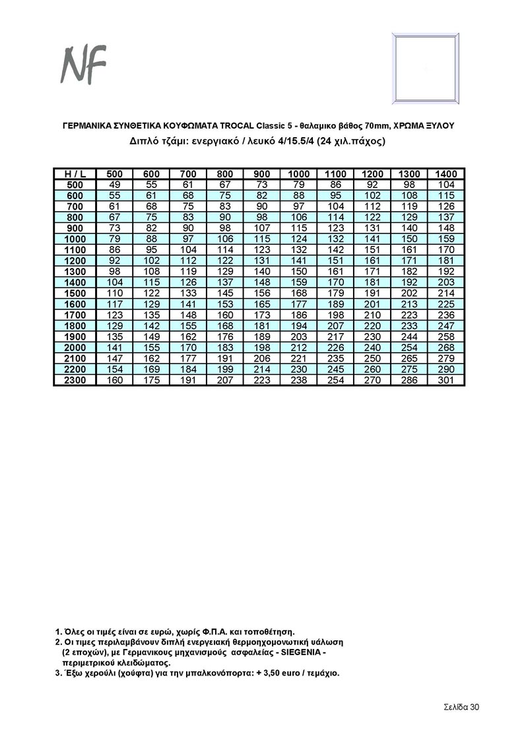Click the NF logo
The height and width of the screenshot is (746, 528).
pyautogui.click(x=83, y=65)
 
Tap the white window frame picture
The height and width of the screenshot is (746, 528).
pyautogui.click(x=426, y=68)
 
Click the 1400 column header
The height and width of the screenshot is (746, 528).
pyautogui.click(x=447, y=173)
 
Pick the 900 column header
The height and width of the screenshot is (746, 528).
pyautogui.click(x=262, y=173)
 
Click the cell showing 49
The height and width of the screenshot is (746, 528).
pyautogui.click(x=115, y=185)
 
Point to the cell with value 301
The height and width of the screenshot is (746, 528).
pyautogui.click(x=447, y=380)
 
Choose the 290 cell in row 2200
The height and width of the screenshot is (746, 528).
pyautogui.click(x=447, y=369)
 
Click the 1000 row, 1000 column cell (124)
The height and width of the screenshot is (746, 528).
pyautogui.click(x=299, y=239)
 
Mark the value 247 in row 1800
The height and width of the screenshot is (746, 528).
pyautogui.click(x=447, y=326)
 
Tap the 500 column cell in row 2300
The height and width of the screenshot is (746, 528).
pyautogui.click(x=115, y=380)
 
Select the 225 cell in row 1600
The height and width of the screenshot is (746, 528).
pyautogui.click(x=447, y=304)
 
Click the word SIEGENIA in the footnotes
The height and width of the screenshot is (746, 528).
pyautogui.click(x=294, y=652)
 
